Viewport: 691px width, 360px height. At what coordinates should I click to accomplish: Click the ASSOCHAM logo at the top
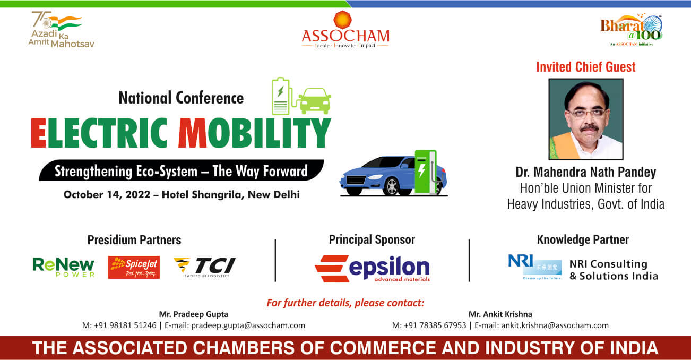[x=346, y=30]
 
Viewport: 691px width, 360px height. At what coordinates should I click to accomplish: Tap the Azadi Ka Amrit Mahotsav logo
[x=61, y=30]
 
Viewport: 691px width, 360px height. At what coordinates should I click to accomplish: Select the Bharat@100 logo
[x=631, y=30]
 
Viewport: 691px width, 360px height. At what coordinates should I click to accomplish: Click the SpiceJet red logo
[x=134, y=268]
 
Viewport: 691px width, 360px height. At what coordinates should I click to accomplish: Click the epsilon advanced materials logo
[x=373, y=269]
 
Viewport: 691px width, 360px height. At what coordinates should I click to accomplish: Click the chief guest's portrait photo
[x=586, y=119]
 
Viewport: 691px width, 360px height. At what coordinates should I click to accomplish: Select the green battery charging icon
[x=281, y=96]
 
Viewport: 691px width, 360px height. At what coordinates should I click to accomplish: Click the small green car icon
[x=315, y=101]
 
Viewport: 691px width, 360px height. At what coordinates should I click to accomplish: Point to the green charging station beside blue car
[x=426, y=172]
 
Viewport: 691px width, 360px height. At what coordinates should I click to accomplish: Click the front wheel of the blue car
[x=392, y=187]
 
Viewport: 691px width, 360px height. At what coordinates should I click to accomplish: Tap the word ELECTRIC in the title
[x=99, y=133]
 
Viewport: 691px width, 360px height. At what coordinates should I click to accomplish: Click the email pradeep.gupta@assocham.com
[x=248, y=325]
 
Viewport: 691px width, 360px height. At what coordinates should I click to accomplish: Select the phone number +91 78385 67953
[x=435, y=325]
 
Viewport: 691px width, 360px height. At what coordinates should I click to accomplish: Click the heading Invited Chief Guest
[x=586, y=67]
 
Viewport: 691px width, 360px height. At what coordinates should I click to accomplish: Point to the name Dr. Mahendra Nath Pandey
[x=586, y=172]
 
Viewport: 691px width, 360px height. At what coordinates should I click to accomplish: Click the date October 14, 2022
[x=107, y=195]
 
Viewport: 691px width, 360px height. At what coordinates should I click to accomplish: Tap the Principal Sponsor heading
[x=372, y=240]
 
